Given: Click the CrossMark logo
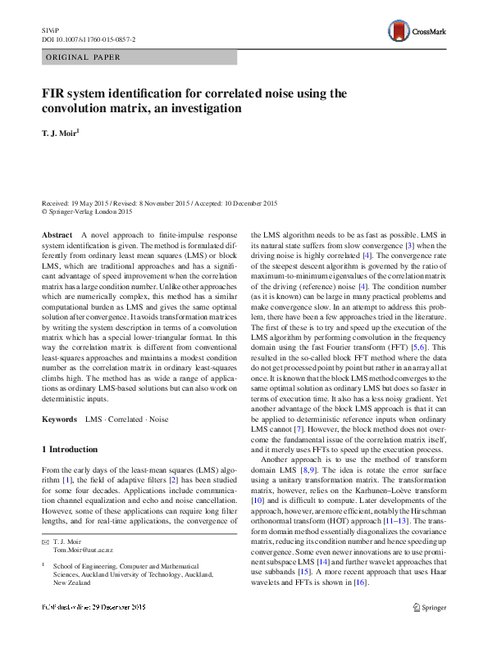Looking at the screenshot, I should point(418,33).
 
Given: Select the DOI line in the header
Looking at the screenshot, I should point(89,39).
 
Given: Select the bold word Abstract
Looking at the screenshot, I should point(57,234).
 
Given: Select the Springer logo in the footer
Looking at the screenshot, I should point(429,630).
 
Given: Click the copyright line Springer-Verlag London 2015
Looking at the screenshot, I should point(89,211).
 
